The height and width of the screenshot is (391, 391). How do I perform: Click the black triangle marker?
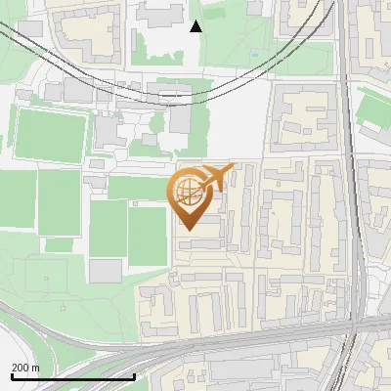195,26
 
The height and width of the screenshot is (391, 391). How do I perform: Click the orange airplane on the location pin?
216,177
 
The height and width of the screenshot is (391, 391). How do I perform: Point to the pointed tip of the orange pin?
189,230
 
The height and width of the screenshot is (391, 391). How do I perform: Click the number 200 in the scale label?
21,368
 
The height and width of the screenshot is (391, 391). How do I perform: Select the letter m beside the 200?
36,368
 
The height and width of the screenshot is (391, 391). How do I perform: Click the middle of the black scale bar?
72,375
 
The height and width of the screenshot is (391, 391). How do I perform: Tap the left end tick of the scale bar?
11,375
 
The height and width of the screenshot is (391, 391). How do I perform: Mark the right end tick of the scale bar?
134,375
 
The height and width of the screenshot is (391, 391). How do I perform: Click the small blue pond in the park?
256,54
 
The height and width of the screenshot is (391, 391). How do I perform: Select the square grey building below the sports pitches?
106,270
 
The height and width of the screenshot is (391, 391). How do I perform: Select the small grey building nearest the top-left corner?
29,27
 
